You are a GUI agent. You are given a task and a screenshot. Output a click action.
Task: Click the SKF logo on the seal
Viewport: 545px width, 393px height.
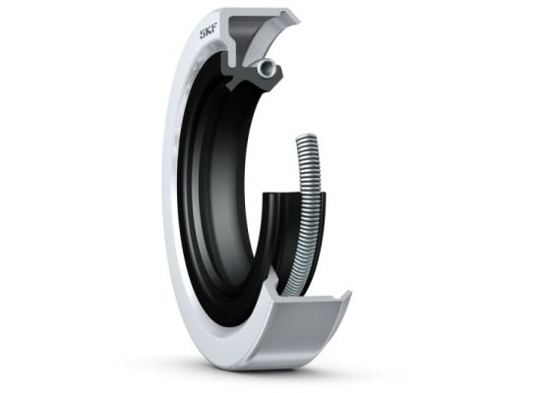pos(208,34)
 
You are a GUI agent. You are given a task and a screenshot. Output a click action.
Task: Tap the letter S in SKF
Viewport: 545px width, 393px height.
pos(202,35)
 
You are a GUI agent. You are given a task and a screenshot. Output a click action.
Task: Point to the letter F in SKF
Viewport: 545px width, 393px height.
pos(213,32)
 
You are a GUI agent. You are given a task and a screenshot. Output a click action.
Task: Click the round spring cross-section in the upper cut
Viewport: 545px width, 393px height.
pos(267,66)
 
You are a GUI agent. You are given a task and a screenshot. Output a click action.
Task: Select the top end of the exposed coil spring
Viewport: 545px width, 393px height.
pos(307,138)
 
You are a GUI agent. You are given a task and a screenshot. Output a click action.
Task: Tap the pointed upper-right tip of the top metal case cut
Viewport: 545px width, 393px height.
pos(300,22)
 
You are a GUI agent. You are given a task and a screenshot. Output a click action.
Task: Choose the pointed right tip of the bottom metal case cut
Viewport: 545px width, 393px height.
pos(351,293)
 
